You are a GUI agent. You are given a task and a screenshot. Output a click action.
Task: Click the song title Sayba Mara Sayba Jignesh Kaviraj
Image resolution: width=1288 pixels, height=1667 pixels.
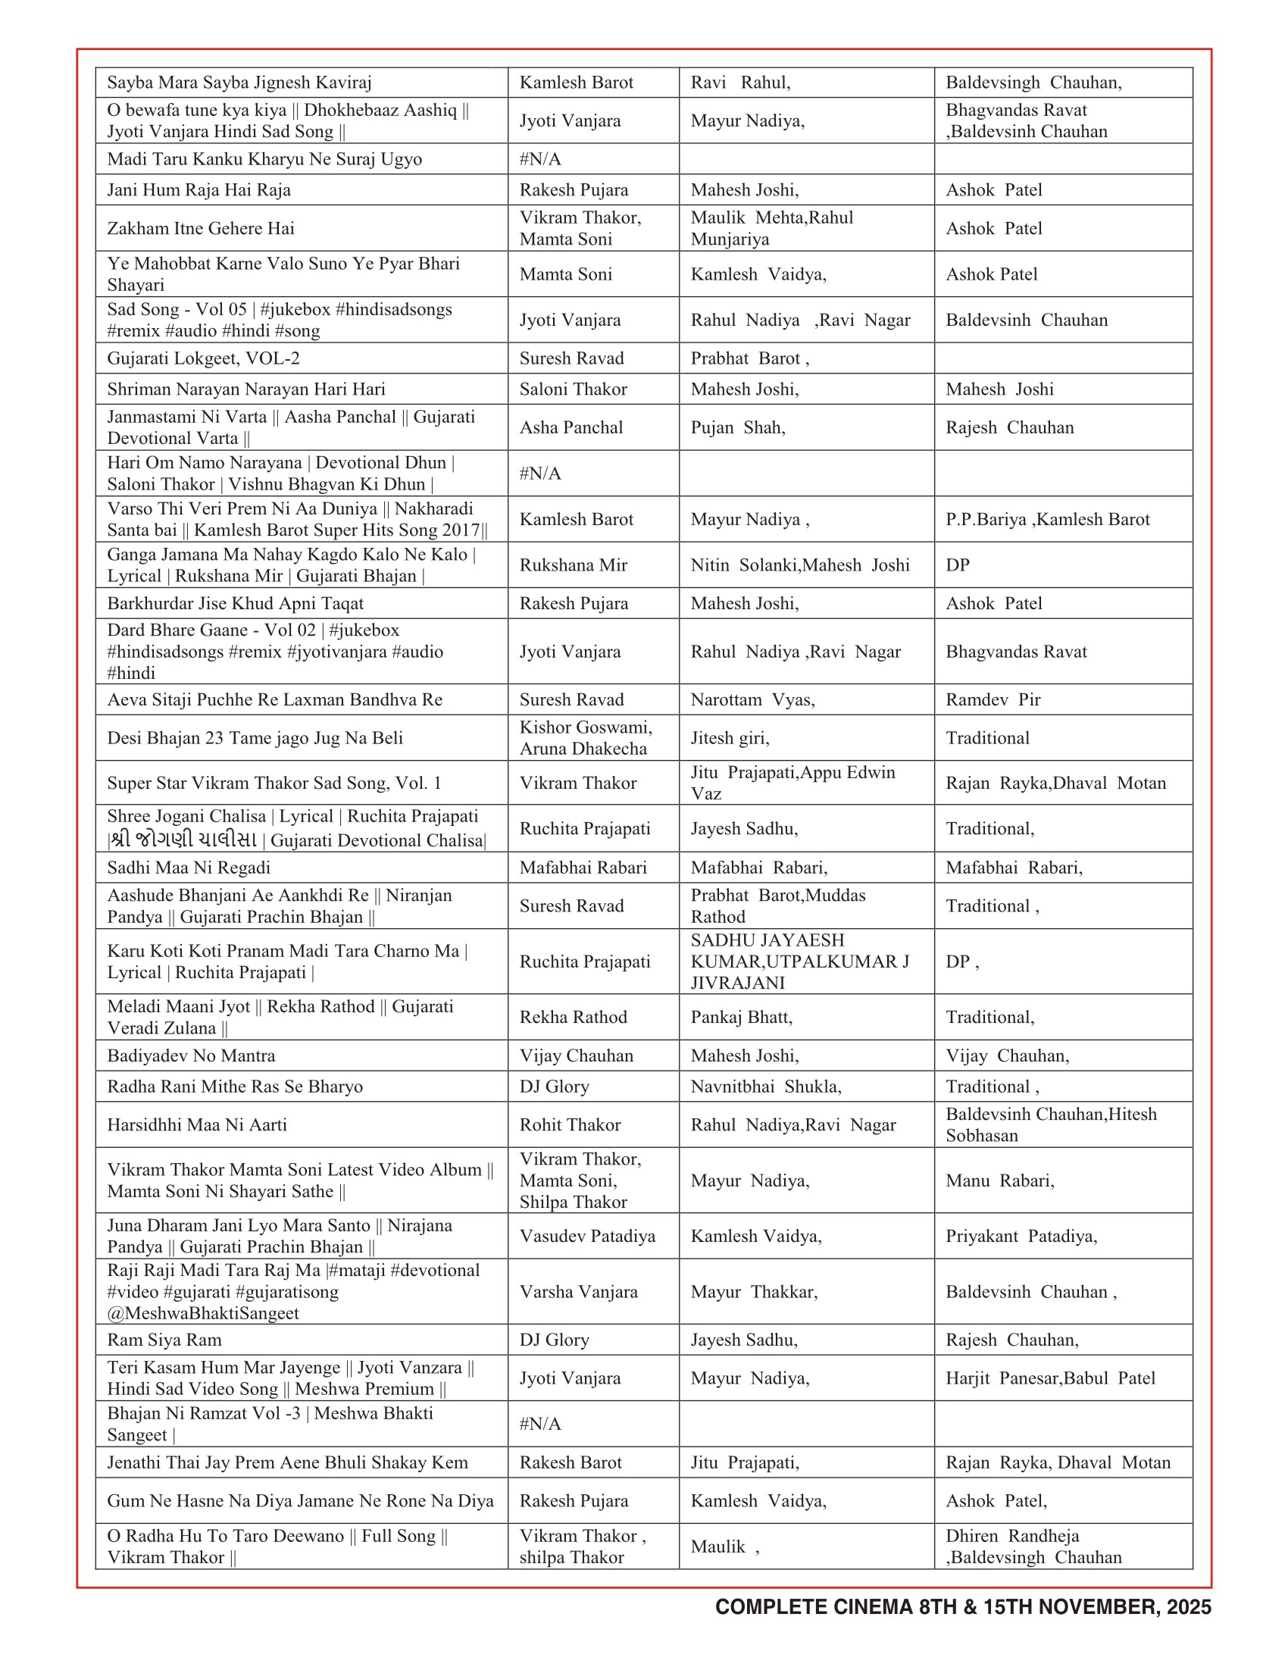point(239,83)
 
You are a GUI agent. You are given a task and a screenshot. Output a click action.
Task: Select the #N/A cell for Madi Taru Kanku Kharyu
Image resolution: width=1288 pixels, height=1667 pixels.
point(539,159)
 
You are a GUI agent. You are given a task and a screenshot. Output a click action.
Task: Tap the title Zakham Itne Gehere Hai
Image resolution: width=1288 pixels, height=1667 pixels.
point(200,228)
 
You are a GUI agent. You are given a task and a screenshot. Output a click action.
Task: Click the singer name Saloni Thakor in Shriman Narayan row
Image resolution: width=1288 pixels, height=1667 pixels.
point(572,389)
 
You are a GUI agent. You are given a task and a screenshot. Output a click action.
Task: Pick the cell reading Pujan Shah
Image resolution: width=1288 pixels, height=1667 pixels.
point(737,427)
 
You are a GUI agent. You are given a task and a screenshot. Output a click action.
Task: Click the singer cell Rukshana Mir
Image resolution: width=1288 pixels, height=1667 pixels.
point(573,565)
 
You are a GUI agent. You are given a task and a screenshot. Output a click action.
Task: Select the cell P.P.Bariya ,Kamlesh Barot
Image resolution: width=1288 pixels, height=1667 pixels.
point(1047,519)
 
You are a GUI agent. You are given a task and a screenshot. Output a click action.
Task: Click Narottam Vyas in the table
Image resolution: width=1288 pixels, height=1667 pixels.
point(752,699)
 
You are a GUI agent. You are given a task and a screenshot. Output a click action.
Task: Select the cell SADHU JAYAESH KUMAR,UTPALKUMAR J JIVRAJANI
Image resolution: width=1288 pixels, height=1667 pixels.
point(799,961)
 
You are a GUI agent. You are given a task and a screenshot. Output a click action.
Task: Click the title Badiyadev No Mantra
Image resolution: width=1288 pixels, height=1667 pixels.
point(191,1056)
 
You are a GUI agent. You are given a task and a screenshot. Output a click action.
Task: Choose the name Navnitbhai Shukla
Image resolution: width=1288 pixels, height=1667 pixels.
point(765,1086)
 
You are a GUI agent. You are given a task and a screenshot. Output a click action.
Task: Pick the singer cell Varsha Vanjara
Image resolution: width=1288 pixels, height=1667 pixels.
point(578,1291)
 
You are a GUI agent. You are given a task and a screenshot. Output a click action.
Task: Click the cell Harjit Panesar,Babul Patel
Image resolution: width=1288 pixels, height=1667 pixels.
point(1050,1378)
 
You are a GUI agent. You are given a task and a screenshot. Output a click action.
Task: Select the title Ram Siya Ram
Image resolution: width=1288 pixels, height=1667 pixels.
point(164,1340)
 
